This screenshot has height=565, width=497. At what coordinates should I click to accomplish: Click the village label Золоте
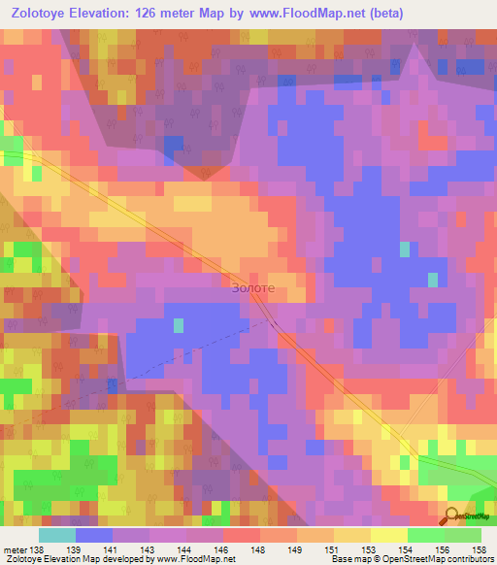point(253,288)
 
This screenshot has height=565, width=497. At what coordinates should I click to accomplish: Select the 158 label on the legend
point(480,548)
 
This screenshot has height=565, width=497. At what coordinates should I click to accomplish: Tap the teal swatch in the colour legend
point(57,535)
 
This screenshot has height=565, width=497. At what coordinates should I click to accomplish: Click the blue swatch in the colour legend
point(94,535)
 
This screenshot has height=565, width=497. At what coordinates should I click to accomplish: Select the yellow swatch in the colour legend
point(388,535)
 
